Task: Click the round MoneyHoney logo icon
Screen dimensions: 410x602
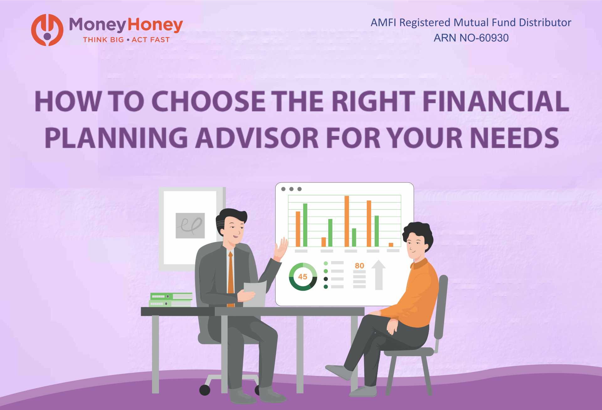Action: pyautogui.click(x=47, y=30)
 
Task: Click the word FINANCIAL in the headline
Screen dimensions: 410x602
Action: pyautogui.click(x=495, y=101)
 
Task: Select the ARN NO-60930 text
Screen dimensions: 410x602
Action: pyautogui.click(x=471, y=38)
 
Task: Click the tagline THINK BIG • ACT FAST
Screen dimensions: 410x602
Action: pyautogui.click(x=126, y=40)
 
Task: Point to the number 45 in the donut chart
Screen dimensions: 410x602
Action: pyautogui.click(x=303, y=277)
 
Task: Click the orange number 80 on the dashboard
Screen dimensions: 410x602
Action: pyautogui.click(x=359, y=266)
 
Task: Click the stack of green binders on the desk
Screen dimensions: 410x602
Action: pyautogui.click(x=171, y=300)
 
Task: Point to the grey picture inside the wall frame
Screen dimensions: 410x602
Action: pyautogui.click(x=190, y=225)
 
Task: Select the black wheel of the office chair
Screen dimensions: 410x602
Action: pyautogui.click(x=205, y=390)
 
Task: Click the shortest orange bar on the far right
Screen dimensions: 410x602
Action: pyautogui.click(x=391, y=244)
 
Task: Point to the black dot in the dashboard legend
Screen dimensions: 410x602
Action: pyautogui.click(x=326, y=279)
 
